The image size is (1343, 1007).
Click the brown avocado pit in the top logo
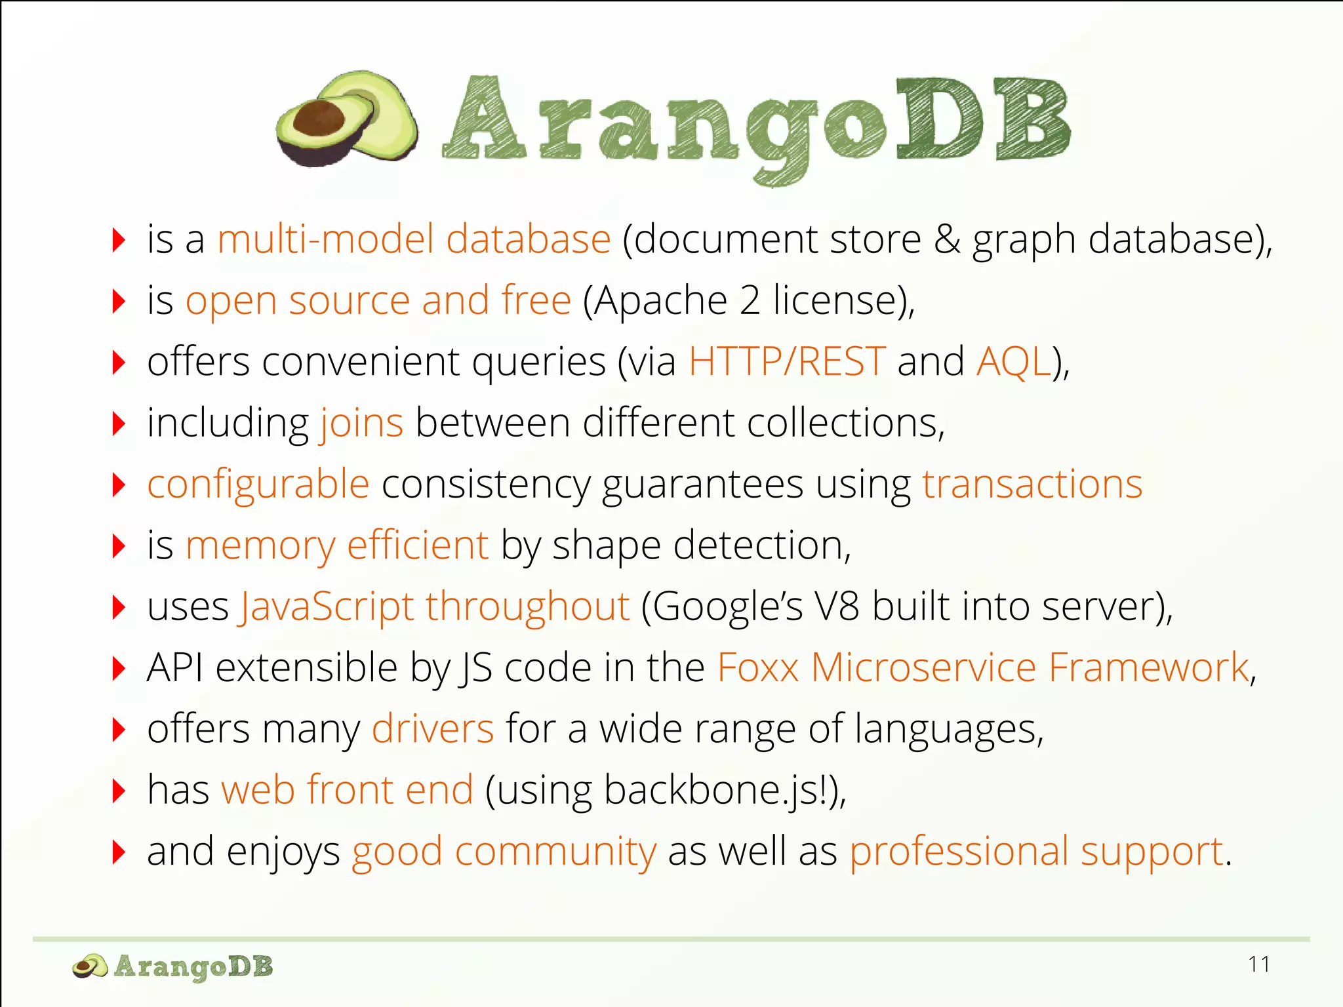[319, 119]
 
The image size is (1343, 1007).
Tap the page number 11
[1259, 964]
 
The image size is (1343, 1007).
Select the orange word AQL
[1014, 361]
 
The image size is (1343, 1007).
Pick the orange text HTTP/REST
[787, 361]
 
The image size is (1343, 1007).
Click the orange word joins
[361, 424]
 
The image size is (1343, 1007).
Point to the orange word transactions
[1032, 484]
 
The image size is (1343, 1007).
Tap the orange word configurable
[258, 486]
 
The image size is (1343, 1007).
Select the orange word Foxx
[757, 668]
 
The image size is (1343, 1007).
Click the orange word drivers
[432, 729]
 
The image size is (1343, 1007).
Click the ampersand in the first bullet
[947, 239]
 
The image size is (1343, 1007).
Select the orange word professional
[959, 852]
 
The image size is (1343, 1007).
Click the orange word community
[555, 852]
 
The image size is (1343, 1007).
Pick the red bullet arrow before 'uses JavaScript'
[119, 607]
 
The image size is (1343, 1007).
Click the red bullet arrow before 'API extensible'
[119, 668]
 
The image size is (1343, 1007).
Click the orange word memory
[260, 546]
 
